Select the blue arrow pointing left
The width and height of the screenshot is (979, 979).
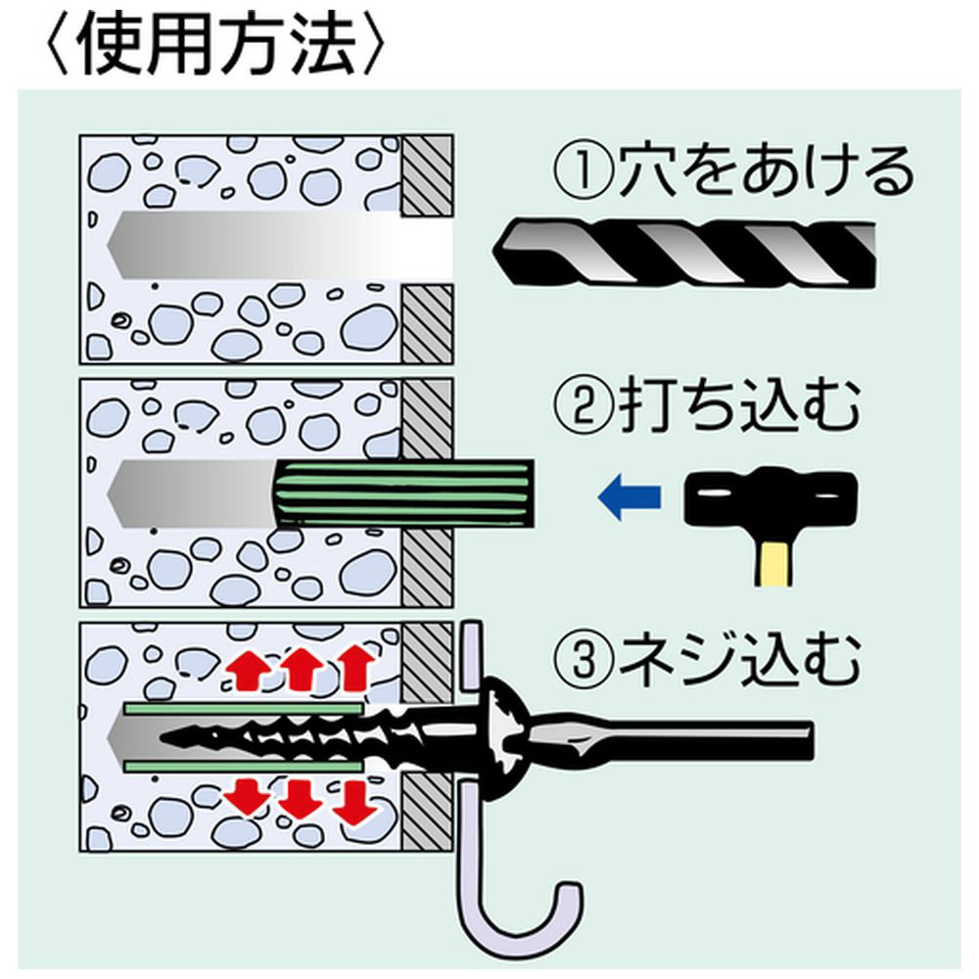pos(629,497)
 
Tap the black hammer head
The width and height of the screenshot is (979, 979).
pos(770,498)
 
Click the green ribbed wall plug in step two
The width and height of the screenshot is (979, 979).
pos(404,493)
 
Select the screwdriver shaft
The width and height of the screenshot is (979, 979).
pos(674,739)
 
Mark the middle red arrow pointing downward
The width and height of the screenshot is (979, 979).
pos(300,798)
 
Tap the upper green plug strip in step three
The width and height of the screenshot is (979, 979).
pos(244,709)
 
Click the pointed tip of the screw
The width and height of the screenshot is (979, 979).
pos(163,737)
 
